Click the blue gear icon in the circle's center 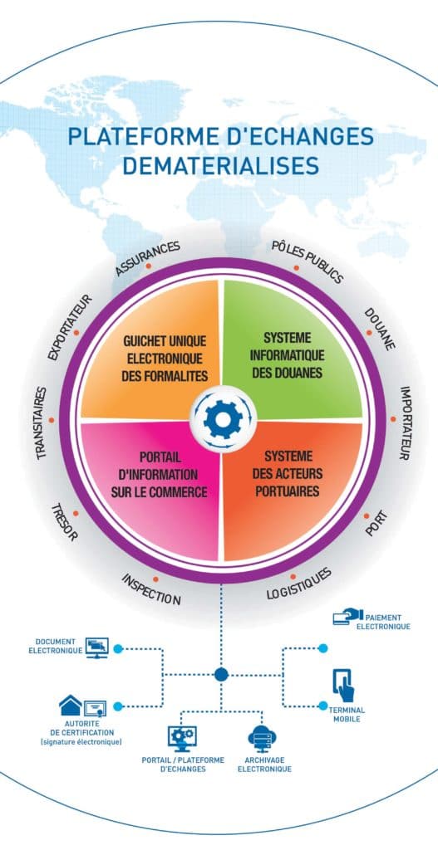pos(222,419)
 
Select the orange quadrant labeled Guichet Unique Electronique pos(157,358)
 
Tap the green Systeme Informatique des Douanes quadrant pos(287,358)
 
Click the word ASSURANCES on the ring pos(147,258)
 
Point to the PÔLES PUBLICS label pos(308,261)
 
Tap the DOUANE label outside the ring pos(380,330)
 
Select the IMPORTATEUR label pos(405,423)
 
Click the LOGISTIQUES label pos(298,584)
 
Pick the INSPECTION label pos(151,589)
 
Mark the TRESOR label pos(65,523)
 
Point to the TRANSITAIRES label pos(42,423)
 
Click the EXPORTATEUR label pos(70,327)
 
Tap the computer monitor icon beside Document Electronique pos(97,647)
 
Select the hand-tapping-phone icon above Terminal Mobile pos(342,686)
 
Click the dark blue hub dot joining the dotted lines pos(221,674)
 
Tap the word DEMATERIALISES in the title pos(220,165)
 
